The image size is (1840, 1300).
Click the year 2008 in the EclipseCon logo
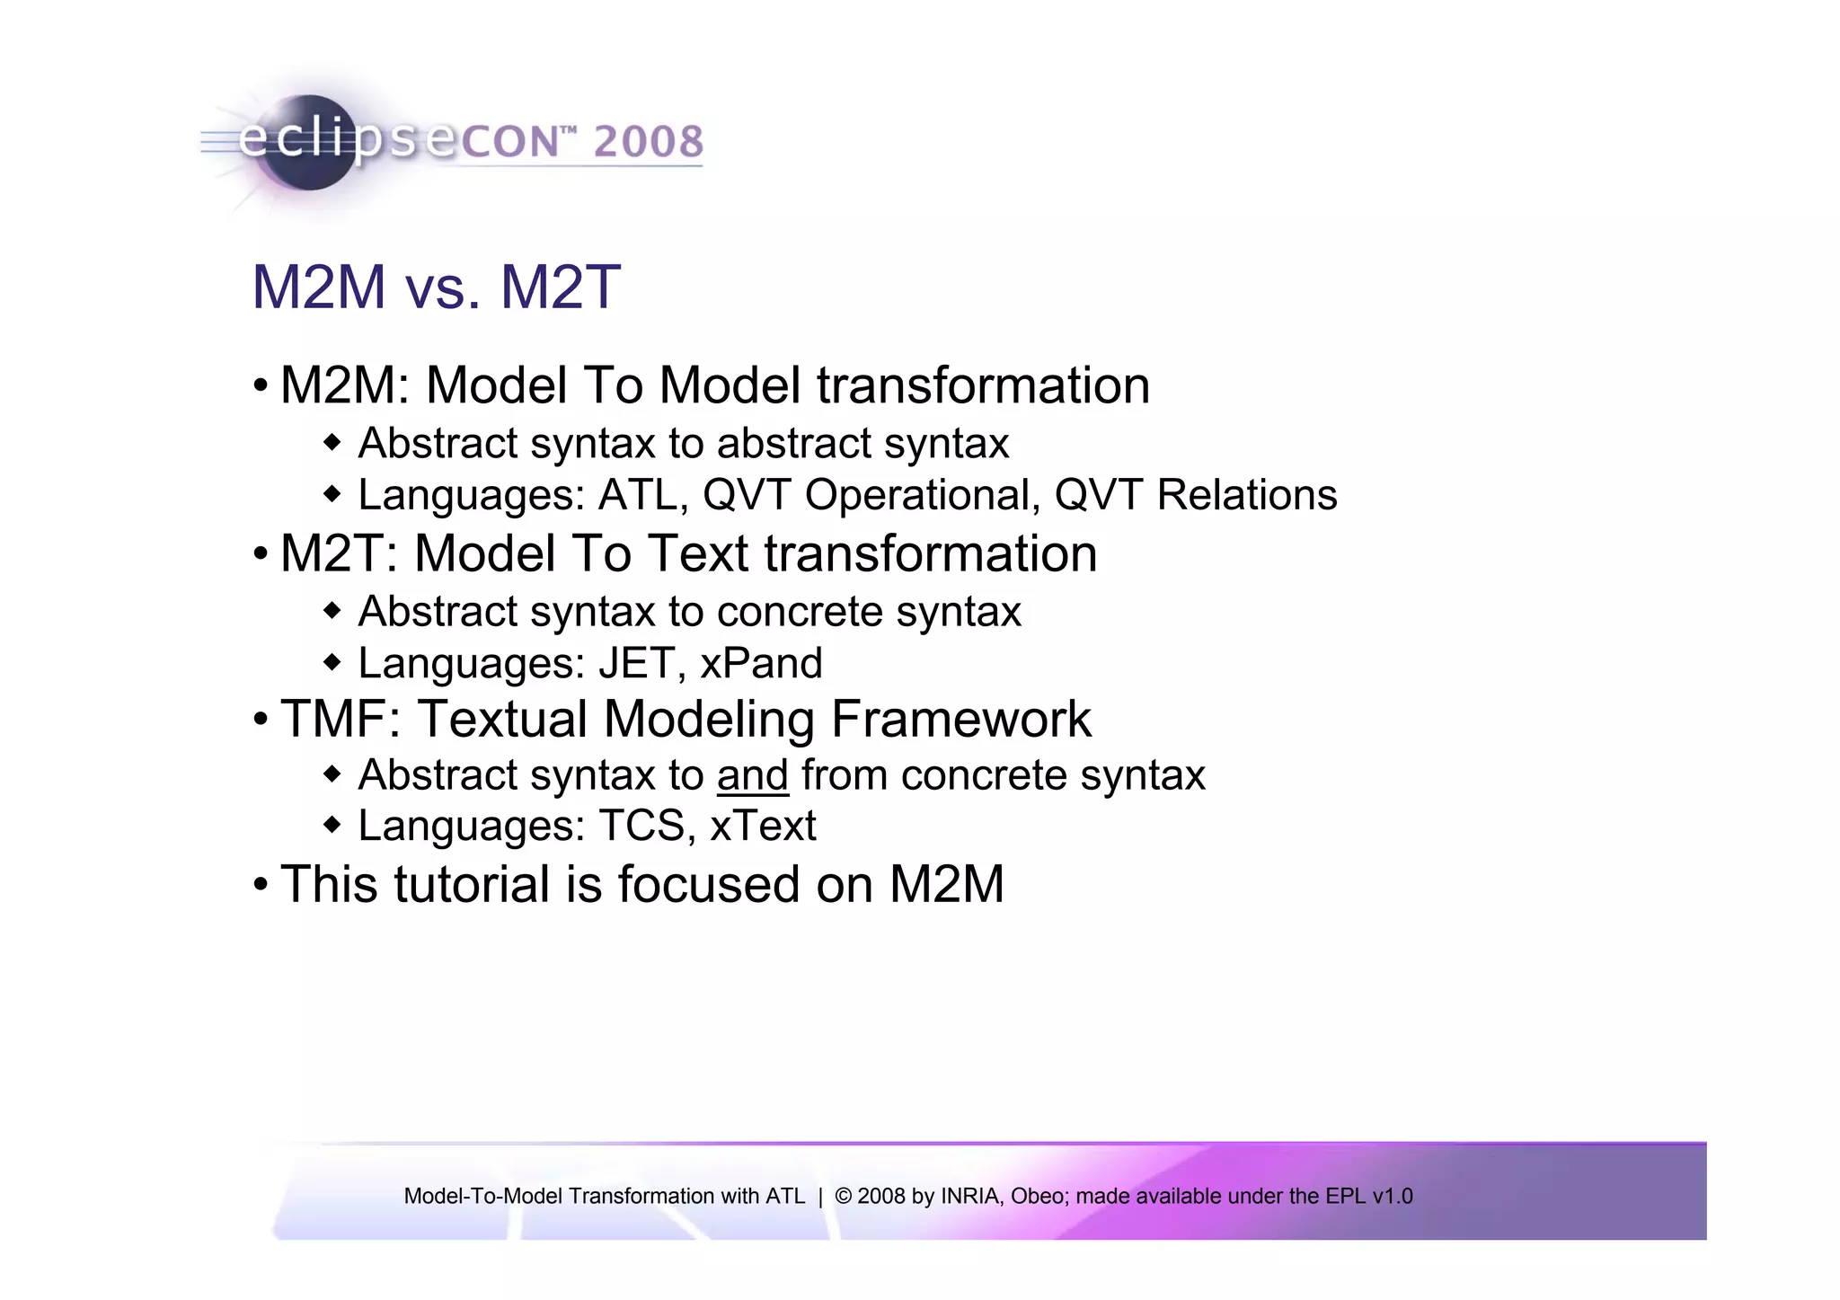tap(648, 142)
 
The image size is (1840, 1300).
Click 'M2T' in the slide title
tap(560, 287)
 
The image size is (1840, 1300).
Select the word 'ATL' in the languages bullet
tap(639, 495)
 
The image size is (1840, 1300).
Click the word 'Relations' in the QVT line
tap(1247, 495)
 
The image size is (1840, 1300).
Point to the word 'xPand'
tap(761, 663)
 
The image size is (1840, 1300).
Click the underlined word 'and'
tap(753, 775)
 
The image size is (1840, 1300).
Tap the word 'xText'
tap(763, 826)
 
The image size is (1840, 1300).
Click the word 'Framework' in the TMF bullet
tap(960, 720)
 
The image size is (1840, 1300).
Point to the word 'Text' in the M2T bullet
tap(697, 553)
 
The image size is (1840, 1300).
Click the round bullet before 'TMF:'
tap(261, 720)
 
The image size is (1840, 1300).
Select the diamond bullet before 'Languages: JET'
tap(332, 663)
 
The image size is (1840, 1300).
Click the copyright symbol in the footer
tap(843, 1197)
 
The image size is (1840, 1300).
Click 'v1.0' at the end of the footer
tap(1392, 1197)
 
